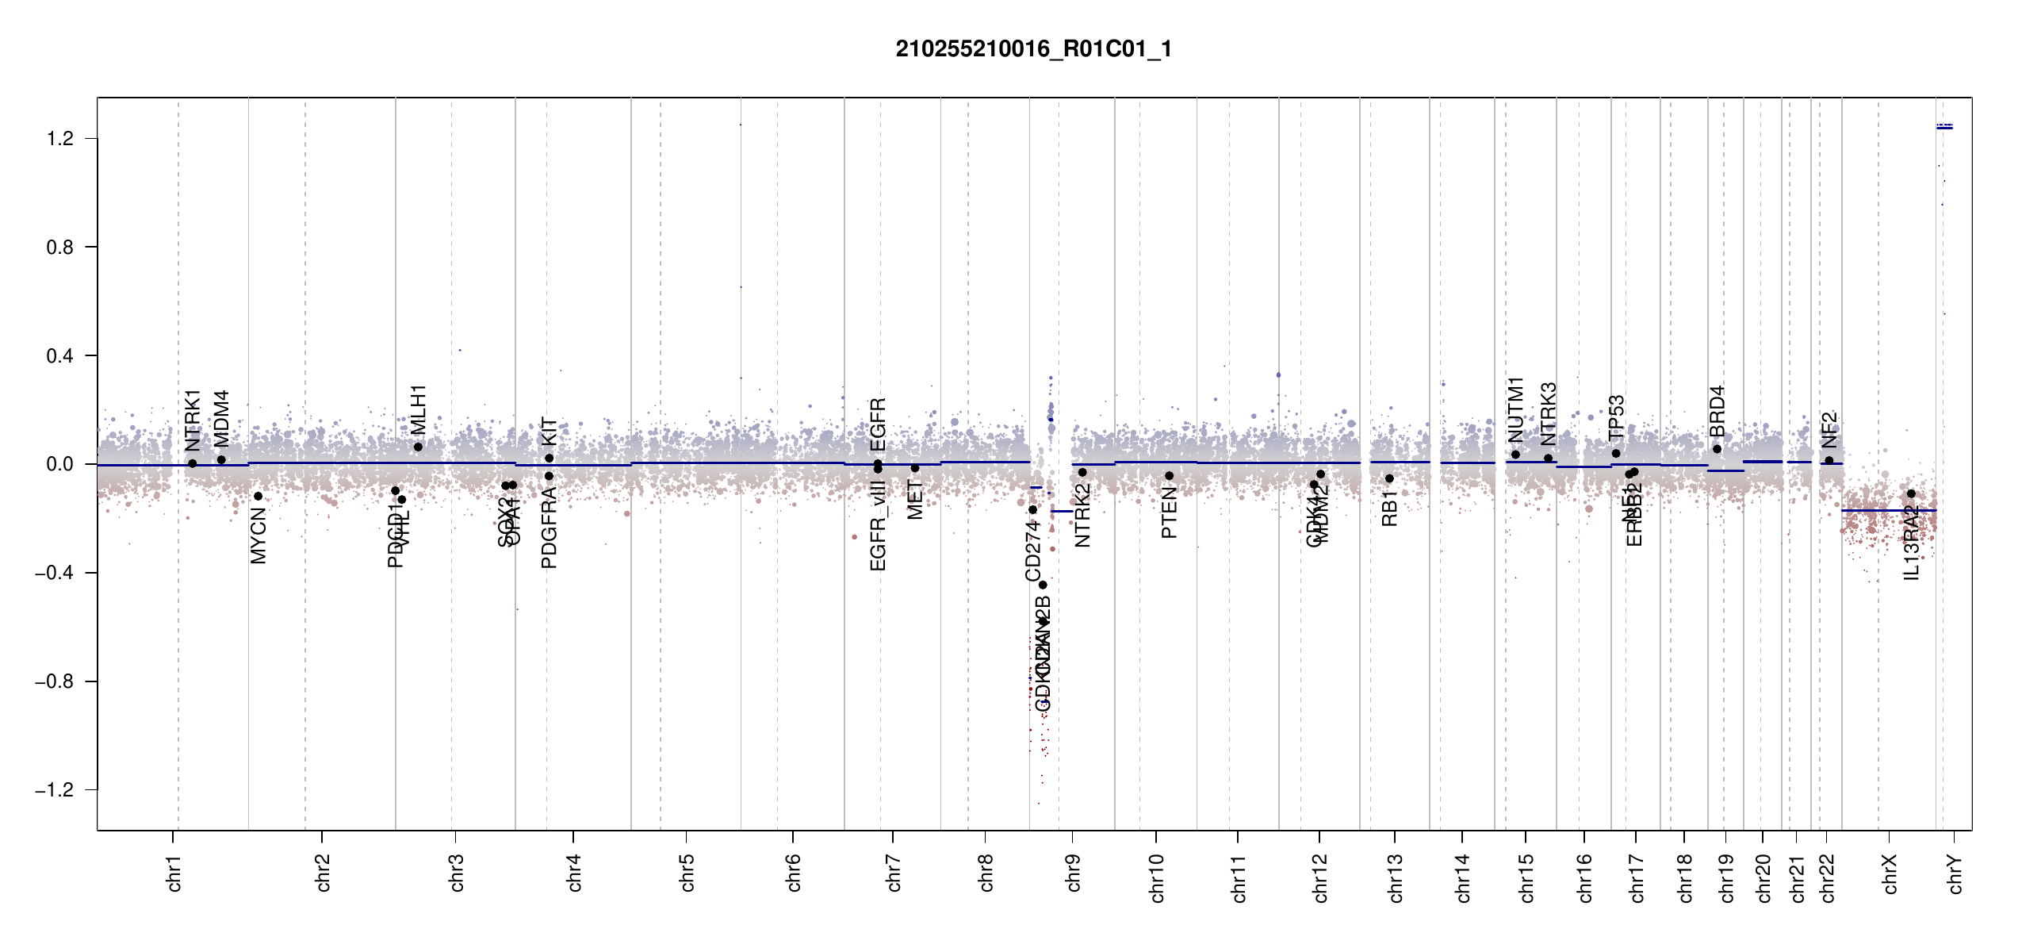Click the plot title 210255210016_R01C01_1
(x=1033, y=49)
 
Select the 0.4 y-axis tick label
(x=60, y=356)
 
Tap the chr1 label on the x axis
(x=174, y=873)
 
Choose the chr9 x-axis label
(x=1074, y=873)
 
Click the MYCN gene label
(x=258, y=536)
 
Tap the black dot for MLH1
(x=418, y=447)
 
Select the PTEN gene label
(x=1169, y=513)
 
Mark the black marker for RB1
(x=1389, y=478)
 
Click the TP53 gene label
(x=1616, y=417)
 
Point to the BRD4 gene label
(x=1717, y=411)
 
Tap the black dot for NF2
(x=1829, y=460)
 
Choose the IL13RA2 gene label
(x=1911, y=543)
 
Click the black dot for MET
(x=914, y=468)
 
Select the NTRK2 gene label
(x=1082, y=515)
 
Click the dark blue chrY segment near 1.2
(x=1944, y=127)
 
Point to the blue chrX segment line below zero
(x=1888, y=510)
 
